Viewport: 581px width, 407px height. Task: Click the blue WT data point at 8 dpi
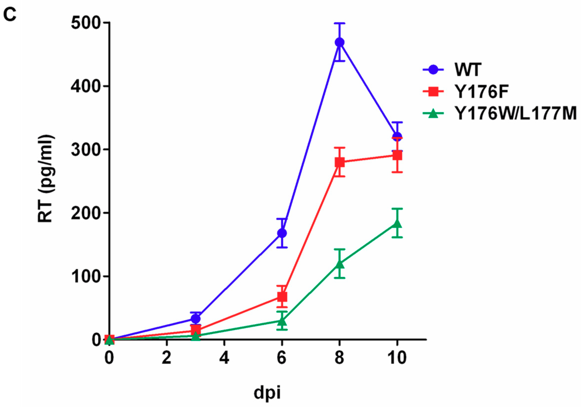tap(339, 42)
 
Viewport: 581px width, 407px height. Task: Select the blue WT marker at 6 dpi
tap(282, 233)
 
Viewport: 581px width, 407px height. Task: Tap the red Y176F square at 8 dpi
tap(339, 162)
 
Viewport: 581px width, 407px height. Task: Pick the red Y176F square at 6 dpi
tap(282, 297)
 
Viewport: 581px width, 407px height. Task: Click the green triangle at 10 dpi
tap(397, 223)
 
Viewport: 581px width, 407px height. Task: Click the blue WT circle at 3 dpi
tap(195, 318)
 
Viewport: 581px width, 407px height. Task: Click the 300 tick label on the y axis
tap(86, 150)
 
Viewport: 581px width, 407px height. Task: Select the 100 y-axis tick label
tap(86, 276)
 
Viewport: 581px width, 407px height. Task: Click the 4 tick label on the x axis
tap(224, 358)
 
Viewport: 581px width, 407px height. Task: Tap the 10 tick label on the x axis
tap(397, 358)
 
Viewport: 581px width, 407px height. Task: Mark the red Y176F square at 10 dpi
tap(397, 155)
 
